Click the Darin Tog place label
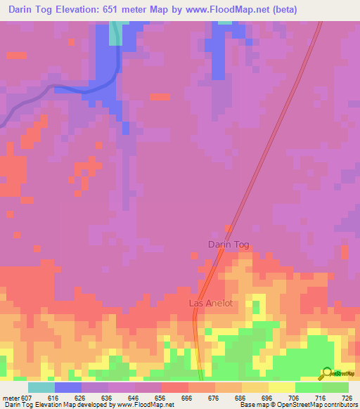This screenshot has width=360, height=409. click(229, 245)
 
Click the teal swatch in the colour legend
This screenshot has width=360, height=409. click(41, 388)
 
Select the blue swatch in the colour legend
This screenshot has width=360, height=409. click(68, 388)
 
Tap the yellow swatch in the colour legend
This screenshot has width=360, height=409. click(282, 388)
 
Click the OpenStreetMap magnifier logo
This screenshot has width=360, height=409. click(326, 373)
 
